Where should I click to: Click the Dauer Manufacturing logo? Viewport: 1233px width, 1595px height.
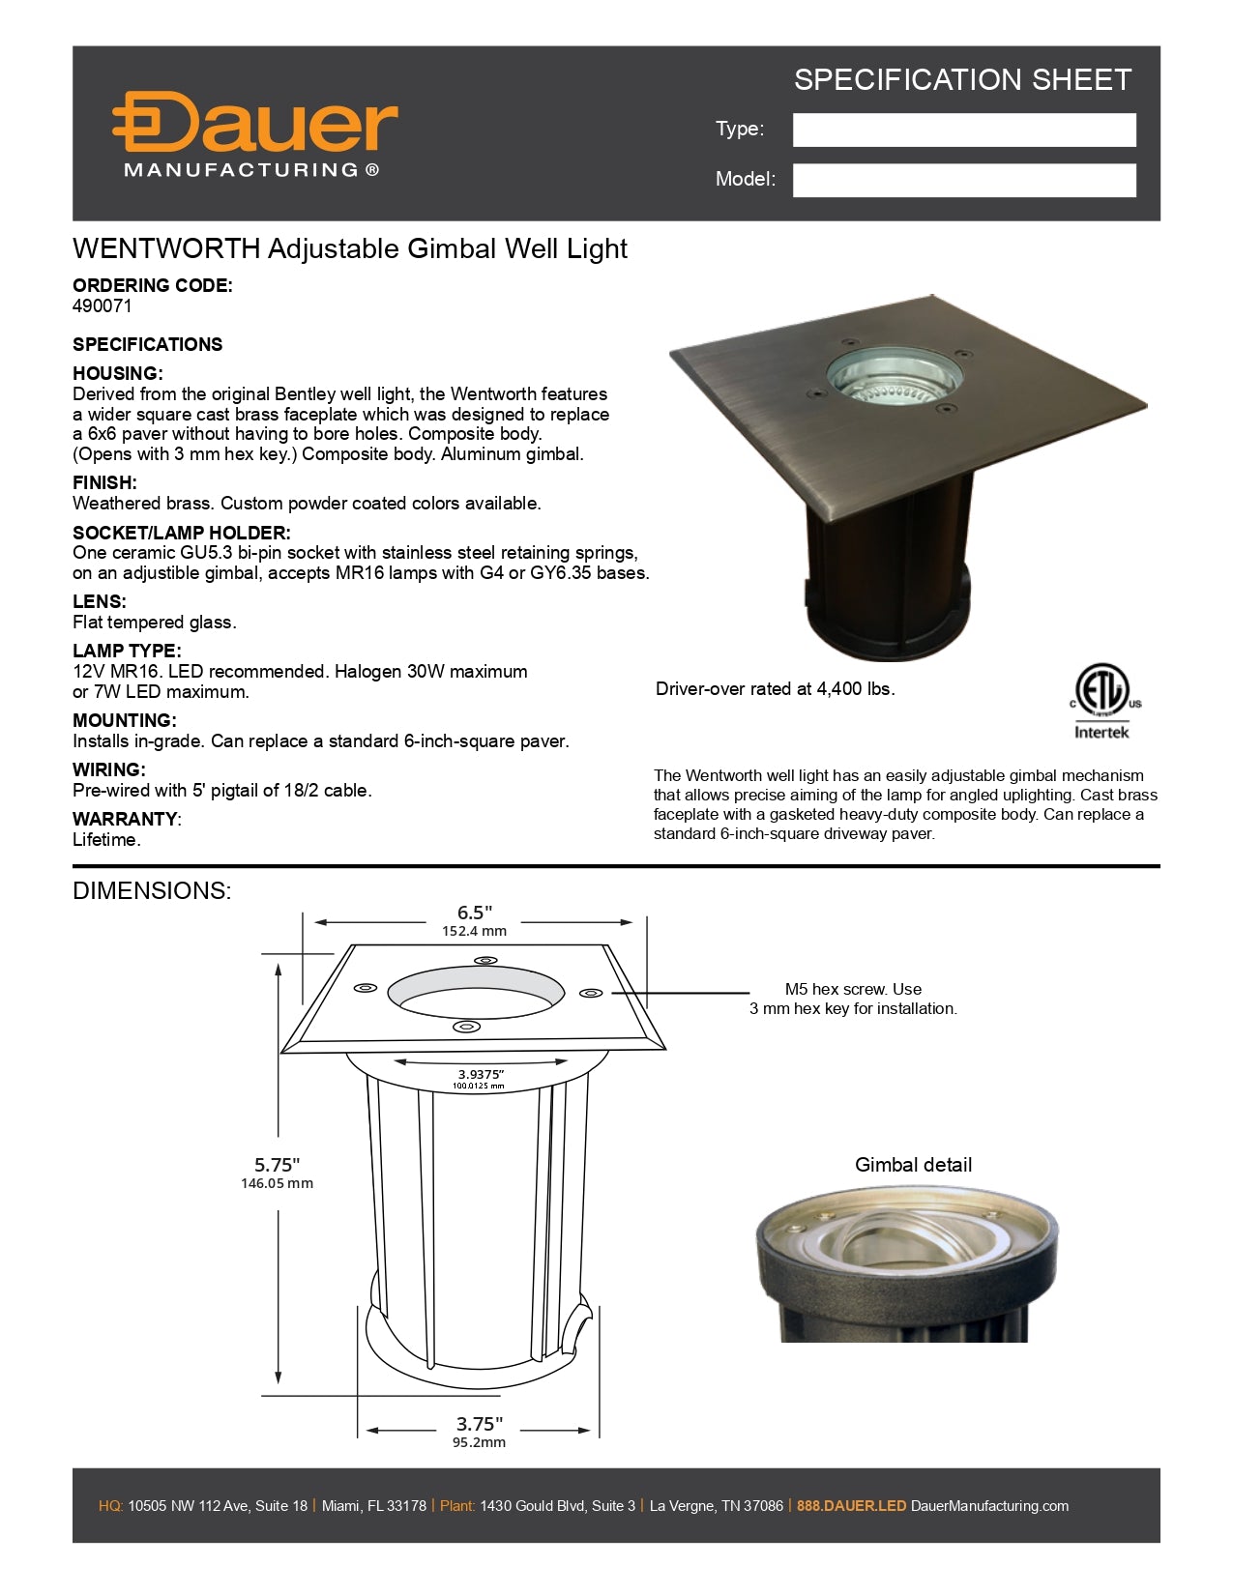pos(253,135)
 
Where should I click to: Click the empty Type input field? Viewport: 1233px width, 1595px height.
pos(963,130)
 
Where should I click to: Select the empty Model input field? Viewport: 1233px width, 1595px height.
pos(963,181)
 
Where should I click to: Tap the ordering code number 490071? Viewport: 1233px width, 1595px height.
pos(103,306)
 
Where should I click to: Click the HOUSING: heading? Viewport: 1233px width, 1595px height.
pos(118,374)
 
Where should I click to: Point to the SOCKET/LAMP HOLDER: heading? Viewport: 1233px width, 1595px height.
pos(181,533)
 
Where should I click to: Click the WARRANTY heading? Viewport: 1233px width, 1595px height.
pos(126,819)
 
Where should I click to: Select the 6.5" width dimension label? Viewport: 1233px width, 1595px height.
pos(475,913)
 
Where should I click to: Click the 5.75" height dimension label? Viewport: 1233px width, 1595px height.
pos(278,1166)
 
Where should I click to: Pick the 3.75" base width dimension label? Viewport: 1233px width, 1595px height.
pos(480,1424)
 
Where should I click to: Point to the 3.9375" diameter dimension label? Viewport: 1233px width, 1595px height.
pos(480,1074)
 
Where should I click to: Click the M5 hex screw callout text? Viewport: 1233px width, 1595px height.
pos(853,999)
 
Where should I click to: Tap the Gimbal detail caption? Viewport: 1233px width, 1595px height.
pos(913,1165)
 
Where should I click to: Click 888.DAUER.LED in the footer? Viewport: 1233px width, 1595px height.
pos(851,1505)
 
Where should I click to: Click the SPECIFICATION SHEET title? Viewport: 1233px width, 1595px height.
pos(962,80)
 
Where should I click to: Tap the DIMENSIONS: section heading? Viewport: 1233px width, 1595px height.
pos(152,890)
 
